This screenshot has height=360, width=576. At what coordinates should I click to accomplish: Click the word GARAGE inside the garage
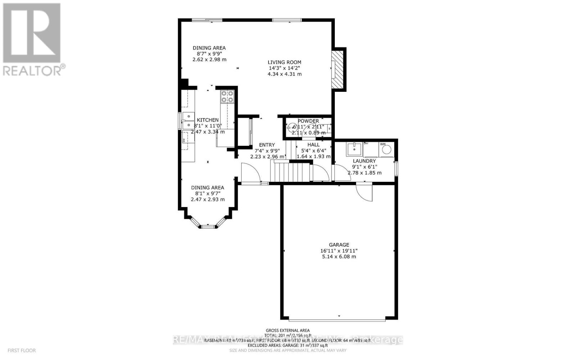point(339,245)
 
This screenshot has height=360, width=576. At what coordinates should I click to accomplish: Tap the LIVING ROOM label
point(284,62)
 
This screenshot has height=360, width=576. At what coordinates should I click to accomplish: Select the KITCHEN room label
point(208,120)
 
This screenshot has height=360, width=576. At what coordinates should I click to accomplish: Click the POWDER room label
point(308,121)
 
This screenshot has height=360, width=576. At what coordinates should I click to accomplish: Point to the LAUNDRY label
point(364,161)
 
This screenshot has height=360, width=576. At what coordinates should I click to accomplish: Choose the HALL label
point(313,145)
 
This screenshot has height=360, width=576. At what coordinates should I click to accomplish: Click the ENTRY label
point(267,145)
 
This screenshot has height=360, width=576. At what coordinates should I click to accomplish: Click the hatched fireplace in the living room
point(338,70)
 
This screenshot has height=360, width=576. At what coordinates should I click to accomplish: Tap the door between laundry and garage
point(364,193)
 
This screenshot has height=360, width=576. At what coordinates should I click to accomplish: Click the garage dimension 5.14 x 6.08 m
point(339,257)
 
